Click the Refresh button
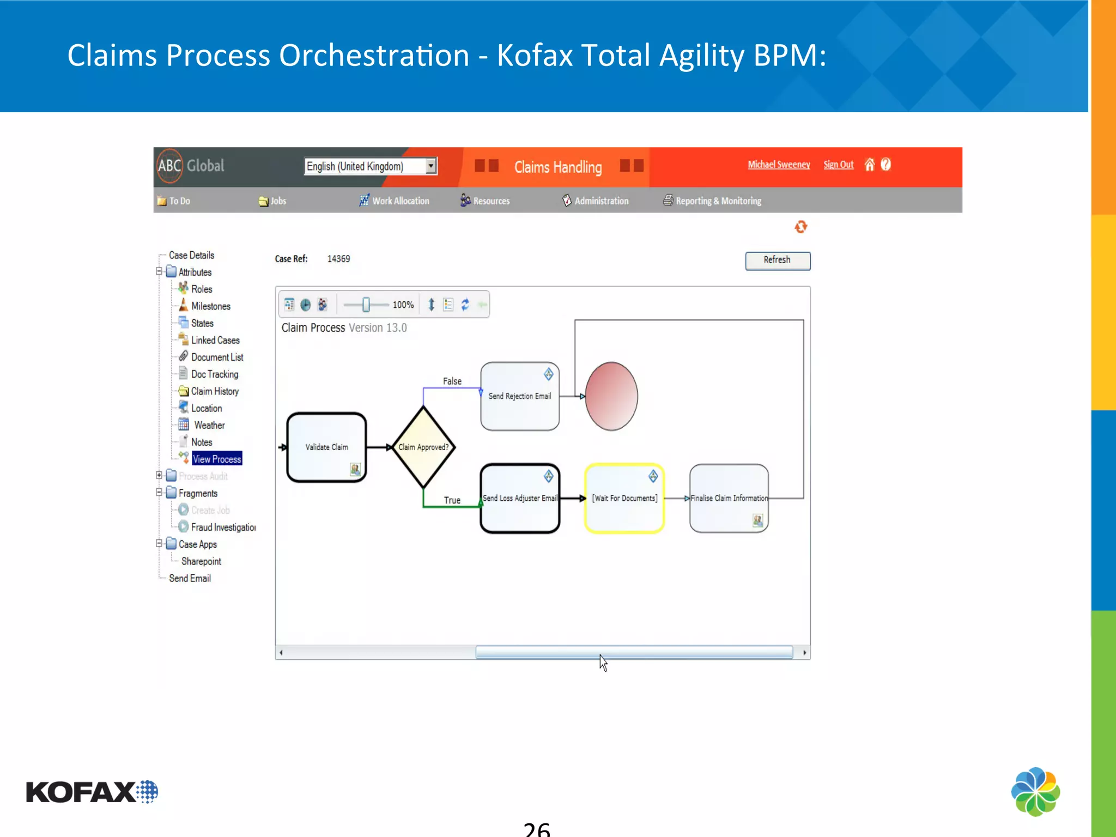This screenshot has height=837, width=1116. pos(777,260)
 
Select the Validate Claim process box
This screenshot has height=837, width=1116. pos(326,447)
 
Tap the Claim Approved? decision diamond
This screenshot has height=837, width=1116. pos(423,447)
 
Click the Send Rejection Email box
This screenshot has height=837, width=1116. pos(519,396)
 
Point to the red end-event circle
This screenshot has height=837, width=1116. pos(611,396)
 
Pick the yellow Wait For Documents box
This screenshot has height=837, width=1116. pos(624,498)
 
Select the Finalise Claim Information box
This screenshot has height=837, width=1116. pos(729,498)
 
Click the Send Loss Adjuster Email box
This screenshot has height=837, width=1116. pos(519,498)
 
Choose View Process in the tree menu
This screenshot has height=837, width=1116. pos(216,459)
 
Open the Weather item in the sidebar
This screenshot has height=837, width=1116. pos(209,425)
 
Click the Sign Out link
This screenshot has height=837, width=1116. pos(838,165)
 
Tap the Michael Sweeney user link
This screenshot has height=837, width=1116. pos(779,165)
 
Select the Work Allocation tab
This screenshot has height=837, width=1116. pos(400,201)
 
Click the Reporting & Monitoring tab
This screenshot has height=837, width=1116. pos(718,201)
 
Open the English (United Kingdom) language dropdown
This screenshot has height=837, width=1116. pos(431,166)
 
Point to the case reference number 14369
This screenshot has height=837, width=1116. pos(338,259)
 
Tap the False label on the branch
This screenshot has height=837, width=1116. pos(452,381)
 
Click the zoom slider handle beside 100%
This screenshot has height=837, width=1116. pos(366,305)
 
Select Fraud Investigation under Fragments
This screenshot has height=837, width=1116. pos(223,527)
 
